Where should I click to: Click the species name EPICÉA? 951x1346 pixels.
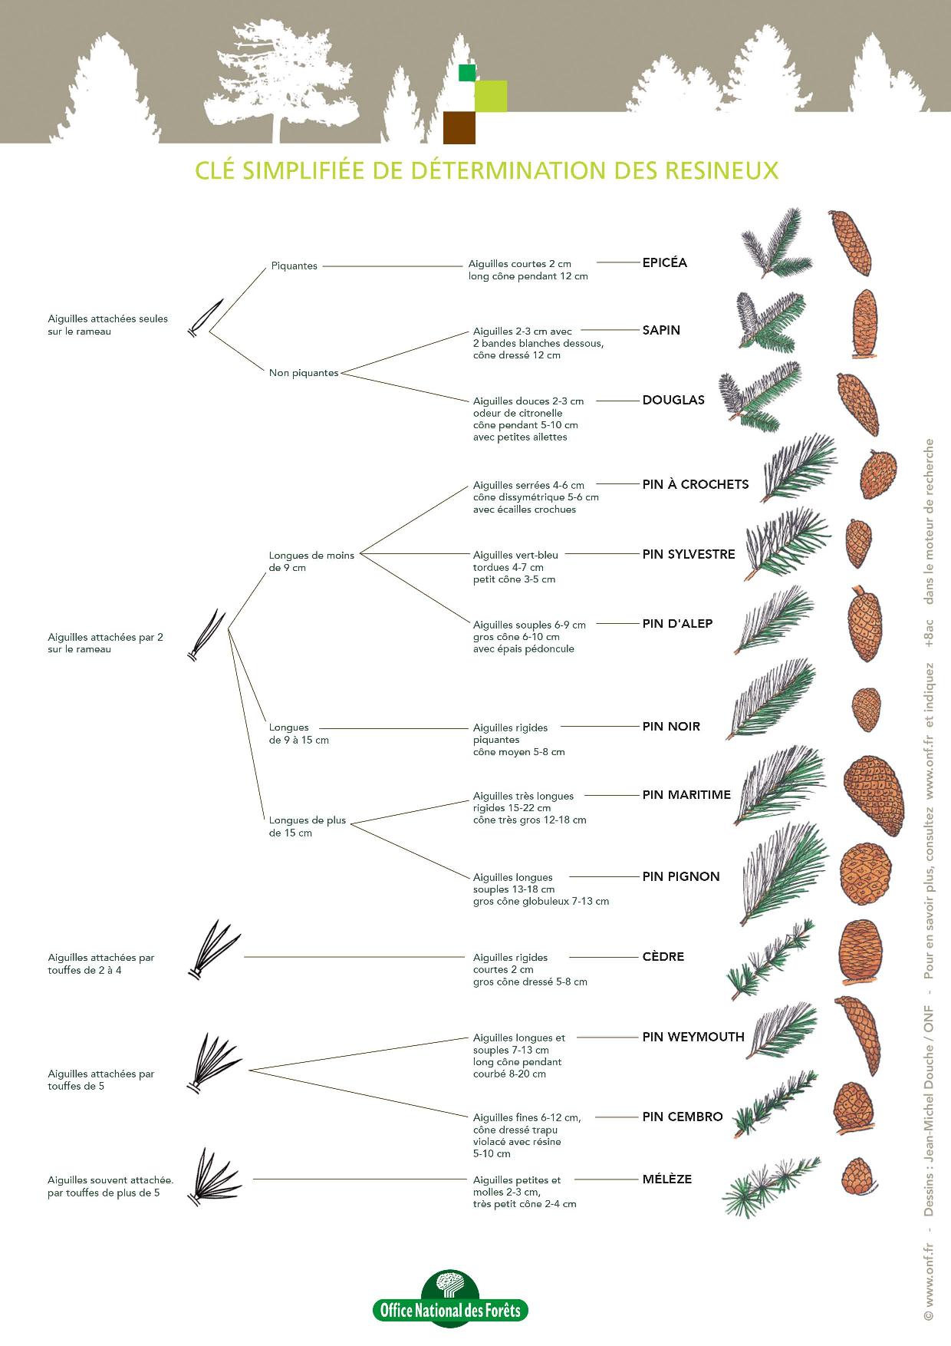click(664, 262)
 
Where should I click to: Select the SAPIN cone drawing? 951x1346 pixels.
click(864, 324)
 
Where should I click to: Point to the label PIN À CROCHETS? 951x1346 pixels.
click(695, 484)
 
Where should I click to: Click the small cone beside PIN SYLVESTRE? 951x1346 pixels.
click(857, 543)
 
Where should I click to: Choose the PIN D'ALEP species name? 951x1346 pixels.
click(677, 624)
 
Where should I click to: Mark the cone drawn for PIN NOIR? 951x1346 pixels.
click(866, 711)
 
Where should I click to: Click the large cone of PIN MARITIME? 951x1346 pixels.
click(874, 795)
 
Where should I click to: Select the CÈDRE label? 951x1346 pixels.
click(663, 957)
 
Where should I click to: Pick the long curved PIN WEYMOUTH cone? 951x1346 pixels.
click(857, 1035)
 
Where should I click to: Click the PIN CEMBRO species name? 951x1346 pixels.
click(682, 1117)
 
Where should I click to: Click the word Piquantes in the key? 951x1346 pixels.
click(294, 266)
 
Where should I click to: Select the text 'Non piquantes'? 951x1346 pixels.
click(304, 373)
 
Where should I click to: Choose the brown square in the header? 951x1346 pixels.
click(459, 128)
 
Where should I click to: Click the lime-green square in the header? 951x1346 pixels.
click(491, 96)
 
